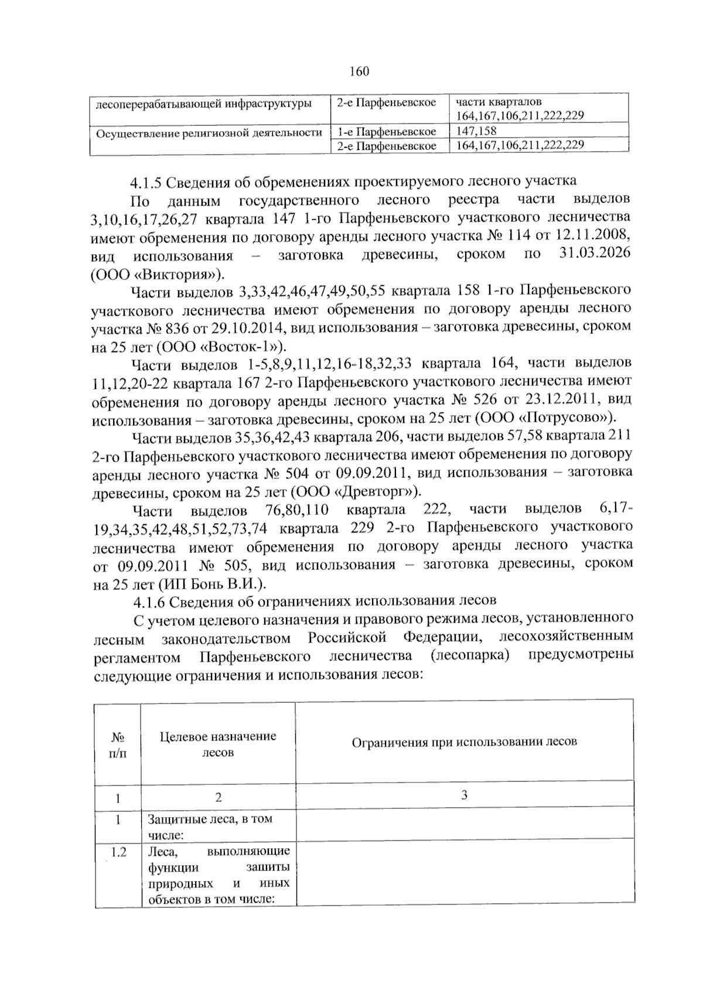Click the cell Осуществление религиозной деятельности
point(209,132)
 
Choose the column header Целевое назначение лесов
point(218,744)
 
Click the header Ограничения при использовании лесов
point(464,742)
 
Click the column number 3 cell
point(464,795)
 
